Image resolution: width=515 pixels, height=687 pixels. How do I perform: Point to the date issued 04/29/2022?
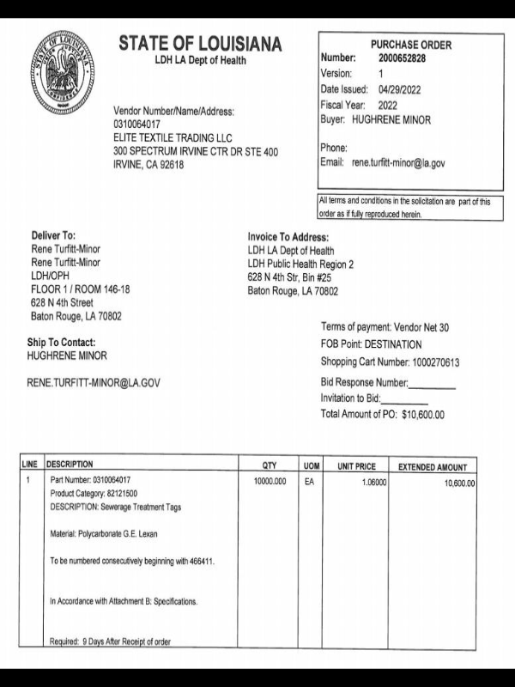399,89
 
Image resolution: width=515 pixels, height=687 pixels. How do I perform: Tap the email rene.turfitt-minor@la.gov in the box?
398,162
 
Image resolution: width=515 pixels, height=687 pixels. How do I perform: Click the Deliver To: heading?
53,235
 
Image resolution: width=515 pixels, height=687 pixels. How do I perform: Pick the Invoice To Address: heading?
288,237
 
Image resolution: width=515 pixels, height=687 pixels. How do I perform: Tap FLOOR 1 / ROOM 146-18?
80,289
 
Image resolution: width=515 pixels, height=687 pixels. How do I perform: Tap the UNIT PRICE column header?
357,466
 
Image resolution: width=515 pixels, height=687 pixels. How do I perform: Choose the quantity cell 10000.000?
270,483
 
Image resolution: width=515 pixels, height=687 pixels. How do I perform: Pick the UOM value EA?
310,483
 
